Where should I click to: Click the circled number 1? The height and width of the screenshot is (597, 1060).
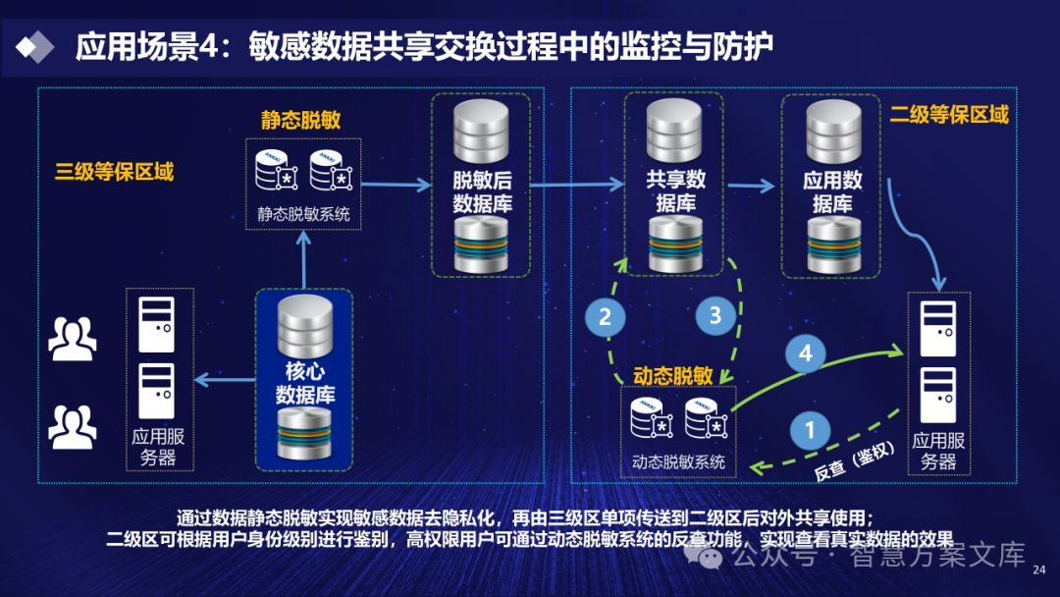coord(810,429)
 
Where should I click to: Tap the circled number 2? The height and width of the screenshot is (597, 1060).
coord(605,315)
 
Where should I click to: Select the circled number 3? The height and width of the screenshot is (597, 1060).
coord(715,315)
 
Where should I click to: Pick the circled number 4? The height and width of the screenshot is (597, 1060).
coord(806,353)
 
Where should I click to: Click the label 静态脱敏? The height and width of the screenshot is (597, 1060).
coord(300,120)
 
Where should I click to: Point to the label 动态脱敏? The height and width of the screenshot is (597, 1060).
coord(672,376)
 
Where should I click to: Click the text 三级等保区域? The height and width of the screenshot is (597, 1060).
coord(114,172)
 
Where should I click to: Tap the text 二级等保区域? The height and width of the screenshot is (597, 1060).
coord(949,115)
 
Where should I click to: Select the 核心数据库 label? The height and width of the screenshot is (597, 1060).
coord(305,383)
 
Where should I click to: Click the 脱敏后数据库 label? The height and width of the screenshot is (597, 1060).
coord(482,192)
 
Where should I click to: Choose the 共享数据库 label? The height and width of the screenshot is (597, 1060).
coord(675,192)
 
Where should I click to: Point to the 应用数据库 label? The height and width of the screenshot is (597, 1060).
coord(832,192)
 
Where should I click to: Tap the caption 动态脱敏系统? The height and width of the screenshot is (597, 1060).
coord(678,461)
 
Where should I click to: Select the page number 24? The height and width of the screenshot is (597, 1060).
coord(1040,569)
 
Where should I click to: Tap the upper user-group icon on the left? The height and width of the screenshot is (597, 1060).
coord(72,338)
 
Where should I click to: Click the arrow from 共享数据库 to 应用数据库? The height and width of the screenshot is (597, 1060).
coord(753,184)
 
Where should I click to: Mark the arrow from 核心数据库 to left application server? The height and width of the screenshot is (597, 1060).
coord(224,381)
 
